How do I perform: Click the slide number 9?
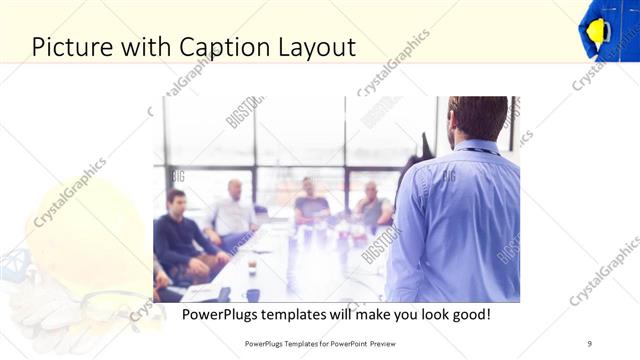tap(590, 343)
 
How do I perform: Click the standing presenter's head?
tap(478, 121)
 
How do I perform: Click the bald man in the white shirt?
tap(233, 213)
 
